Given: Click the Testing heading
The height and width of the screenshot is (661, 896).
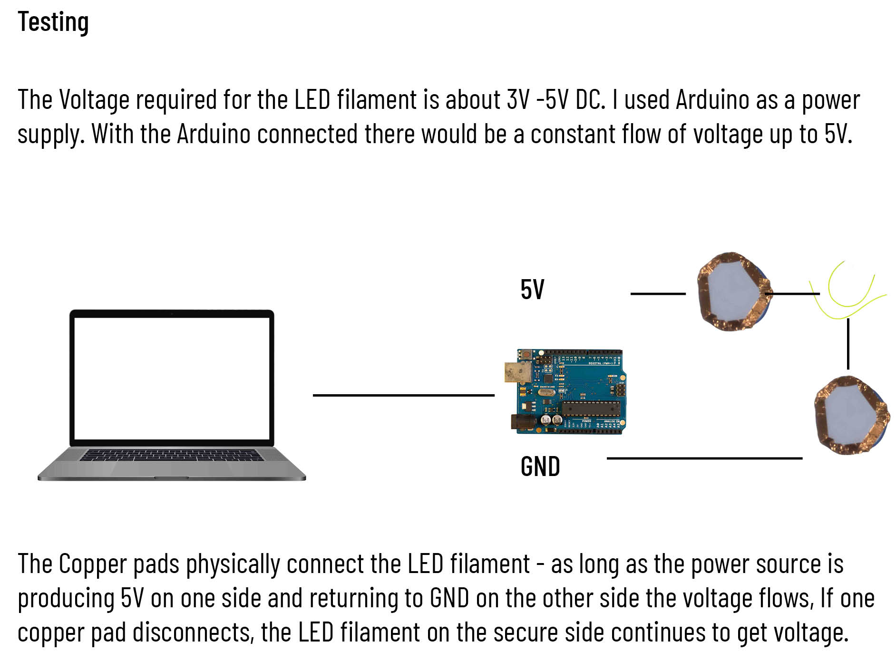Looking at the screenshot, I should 53,22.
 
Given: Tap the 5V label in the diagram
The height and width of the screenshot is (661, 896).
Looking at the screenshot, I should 532,290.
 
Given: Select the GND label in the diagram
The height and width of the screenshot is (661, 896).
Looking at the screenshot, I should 540,467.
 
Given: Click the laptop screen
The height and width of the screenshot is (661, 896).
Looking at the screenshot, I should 172,378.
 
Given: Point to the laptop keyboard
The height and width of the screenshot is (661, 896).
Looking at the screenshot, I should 171,456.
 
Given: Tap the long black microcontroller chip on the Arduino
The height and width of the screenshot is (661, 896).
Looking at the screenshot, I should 591,408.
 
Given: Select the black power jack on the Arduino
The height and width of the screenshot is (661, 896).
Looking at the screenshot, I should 520,422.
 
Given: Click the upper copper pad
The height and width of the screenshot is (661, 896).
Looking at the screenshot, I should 732,292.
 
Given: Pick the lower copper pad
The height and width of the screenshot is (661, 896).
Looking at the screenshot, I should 851,414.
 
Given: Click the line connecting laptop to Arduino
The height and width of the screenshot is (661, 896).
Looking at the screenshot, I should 403,395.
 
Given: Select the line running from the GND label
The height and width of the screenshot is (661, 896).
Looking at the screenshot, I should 704,458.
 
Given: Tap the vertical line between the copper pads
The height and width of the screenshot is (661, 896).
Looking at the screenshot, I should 848,344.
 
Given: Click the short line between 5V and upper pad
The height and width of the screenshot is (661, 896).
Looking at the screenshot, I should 658,294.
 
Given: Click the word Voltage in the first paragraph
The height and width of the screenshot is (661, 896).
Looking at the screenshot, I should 94,100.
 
